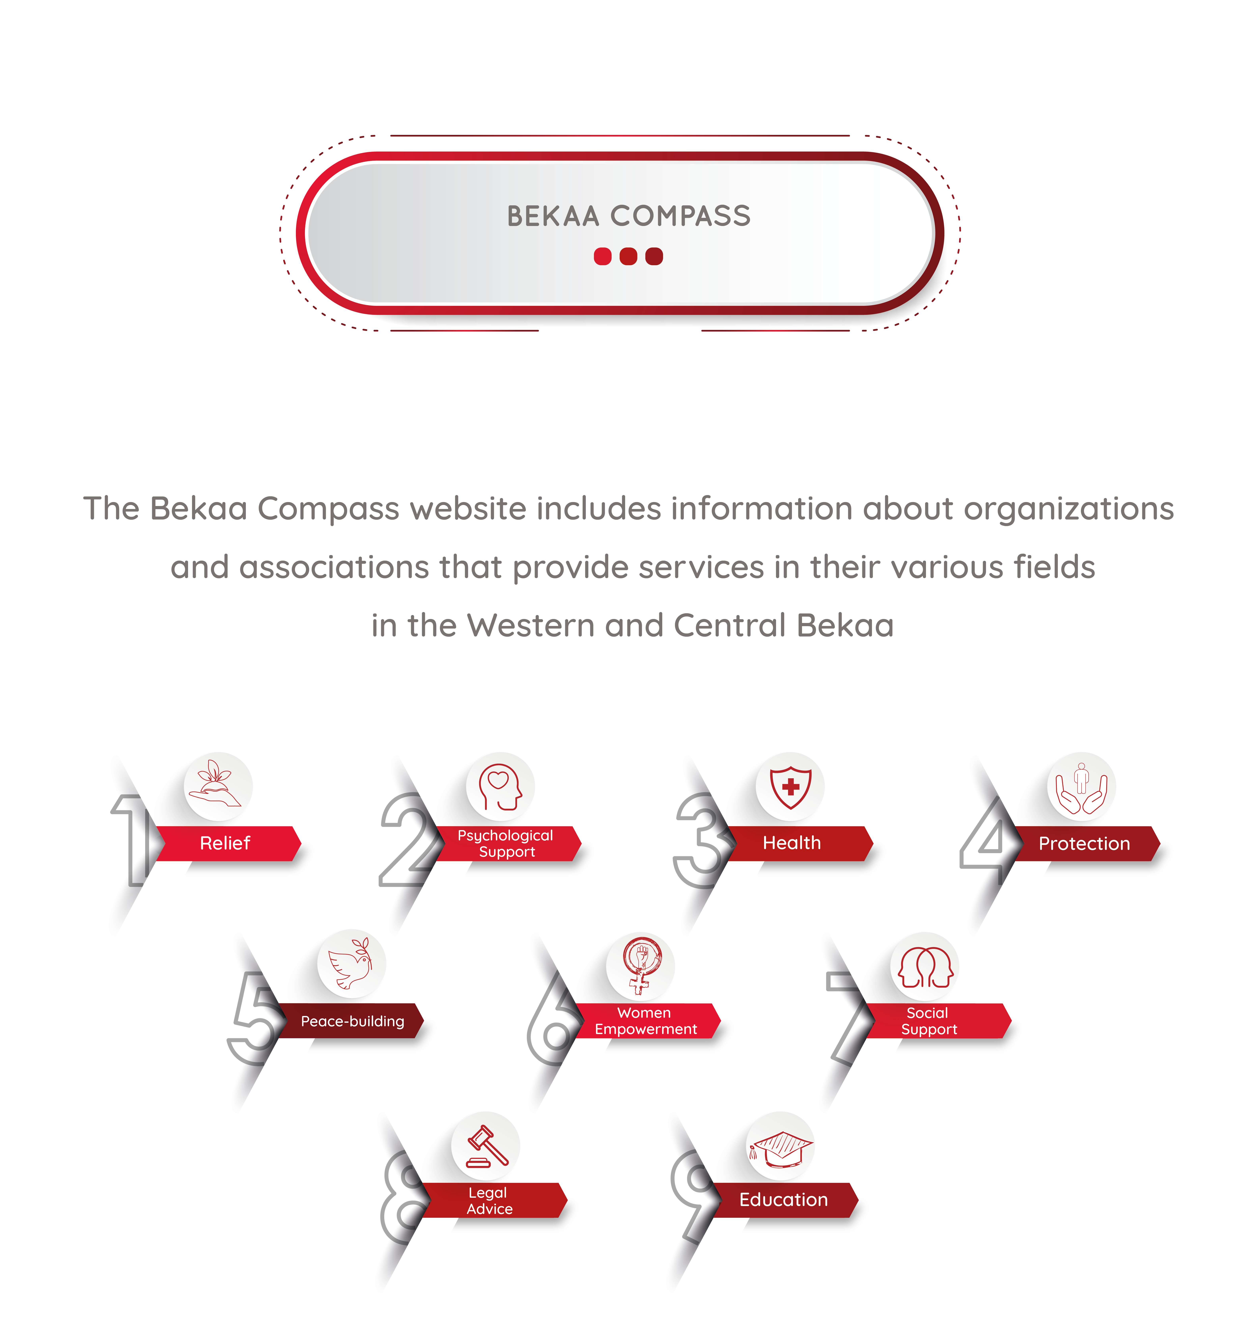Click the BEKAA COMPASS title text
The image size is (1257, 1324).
coord(628,216)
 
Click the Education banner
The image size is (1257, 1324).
coord(785,1200)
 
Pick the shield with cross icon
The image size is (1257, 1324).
coord(791,787)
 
